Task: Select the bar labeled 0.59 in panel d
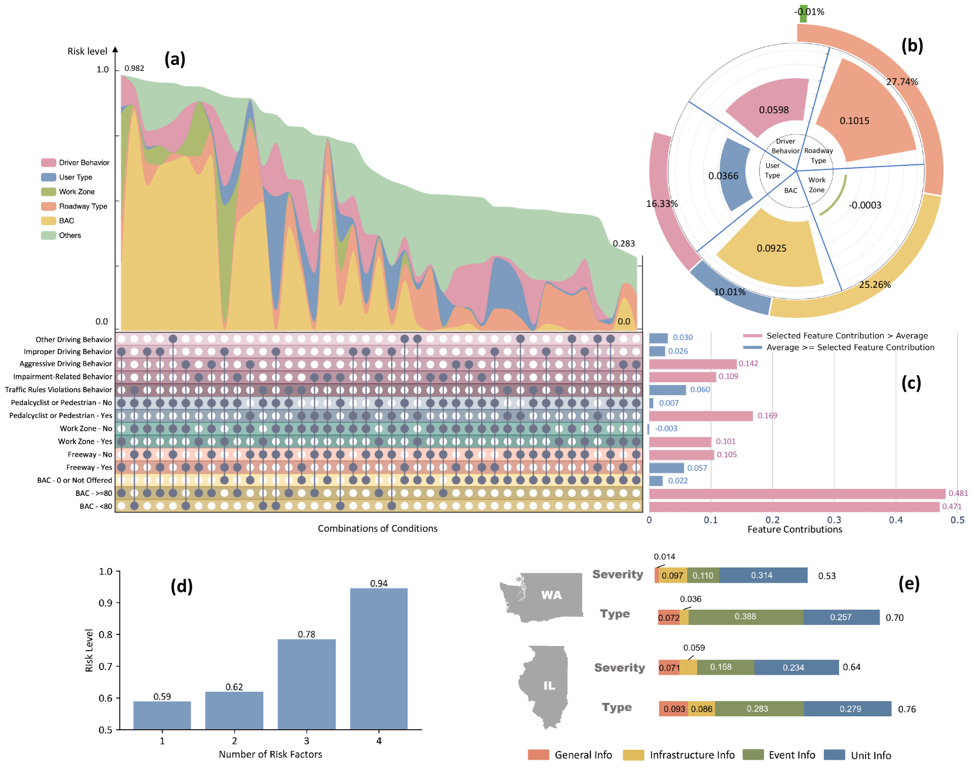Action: pos(162,715)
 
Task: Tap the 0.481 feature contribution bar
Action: pos(797,494)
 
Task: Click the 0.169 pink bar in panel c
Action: pos(701,416)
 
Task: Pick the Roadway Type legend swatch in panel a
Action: pos(48,206)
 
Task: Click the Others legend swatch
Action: pos(48,236)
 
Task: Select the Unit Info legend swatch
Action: pos(834,755)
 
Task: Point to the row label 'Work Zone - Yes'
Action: pos(85,441)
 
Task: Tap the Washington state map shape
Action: pos(542,597)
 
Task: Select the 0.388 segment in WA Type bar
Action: pos(745,617)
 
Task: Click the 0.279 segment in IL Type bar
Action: pos(847,709)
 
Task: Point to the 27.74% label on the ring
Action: pos(902,82)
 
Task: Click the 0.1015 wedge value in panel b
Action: pos(854,121)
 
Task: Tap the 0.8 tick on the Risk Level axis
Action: pos(106,634)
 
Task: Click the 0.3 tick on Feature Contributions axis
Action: pos(834,520)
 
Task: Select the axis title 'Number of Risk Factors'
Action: pos(270,754)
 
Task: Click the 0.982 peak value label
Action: pos(134,69)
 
